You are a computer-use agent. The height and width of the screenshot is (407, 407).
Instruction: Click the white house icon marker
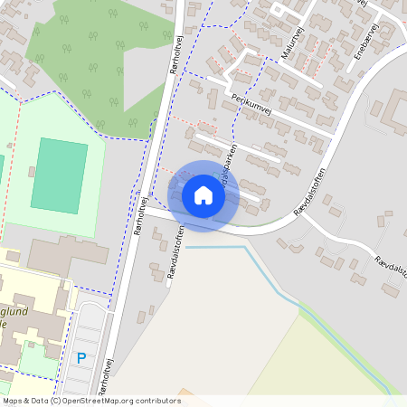203,195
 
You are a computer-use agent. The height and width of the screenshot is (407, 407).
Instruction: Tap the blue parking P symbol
81,358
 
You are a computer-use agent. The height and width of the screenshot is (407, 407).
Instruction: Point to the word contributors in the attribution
156,400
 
